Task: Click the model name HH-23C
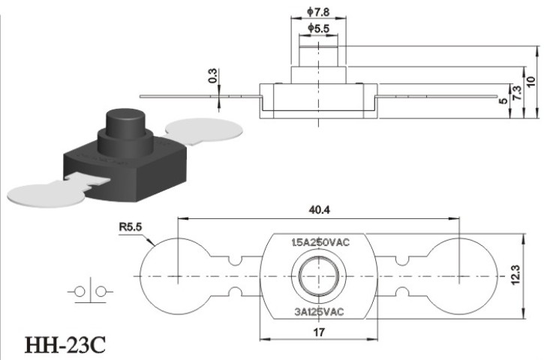pos(65,345)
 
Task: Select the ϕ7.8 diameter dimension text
pos(318,12)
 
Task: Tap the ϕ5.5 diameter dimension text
pos(318,28)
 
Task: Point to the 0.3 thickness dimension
pos(212,76)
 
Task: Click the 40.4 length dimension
pos(319,210)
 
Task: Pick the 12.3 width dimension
pos(515,275)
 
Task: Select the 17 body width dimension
pos(319,332)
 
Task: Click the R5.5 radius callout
pos(131,227)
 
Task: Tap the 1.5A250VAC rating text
pos(320,242)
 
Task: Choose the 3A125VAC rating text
pos(319,312)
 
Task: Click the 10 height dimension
pos(530,82)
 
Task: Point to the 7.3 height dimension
pos(516,93)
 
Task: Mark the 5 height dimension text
pos(503,101)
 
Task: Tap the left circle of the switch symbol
pos(80,292)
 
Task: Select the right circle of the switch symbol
pos(101,292)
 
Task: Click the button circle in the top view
pos(319,276)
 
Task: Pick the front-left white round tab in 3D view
pos(46,195)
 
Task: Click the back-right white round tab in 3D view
pos(204,130)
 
